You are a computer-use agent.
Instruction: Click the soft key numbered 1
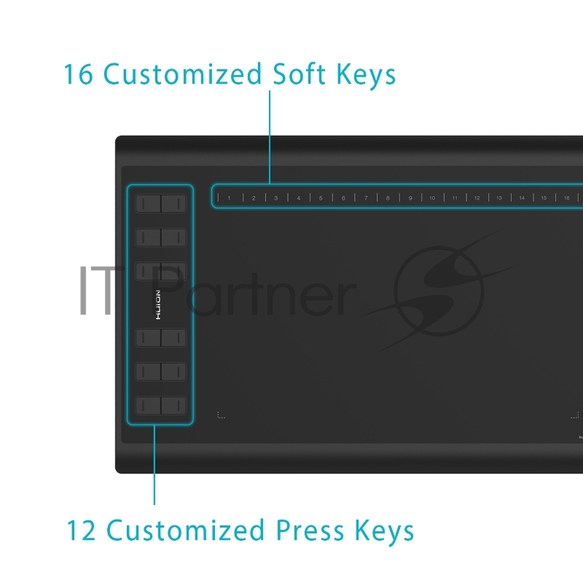point(229,198)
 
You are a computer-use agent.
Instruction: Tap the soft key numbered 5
point(321,198)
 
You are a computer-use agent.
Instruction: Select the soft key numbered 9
point(410,198)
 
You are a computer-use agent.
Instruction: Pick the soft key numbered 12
point(477,198)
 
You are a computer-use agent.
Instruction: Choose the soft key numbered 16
point(567,198)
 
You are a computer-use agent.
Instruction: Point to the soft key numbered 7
point(366,198)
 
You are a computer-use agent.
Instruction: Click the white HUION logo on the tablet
point(158,305)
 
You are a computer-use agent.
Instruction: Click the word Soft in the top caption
point(300,74)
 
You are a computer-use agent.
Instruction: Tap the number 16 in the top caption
point(78,74)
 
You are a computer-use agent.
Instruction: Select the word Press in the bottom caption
point(310,531)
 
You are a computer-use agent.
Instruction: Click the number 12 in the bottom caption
point(81,531)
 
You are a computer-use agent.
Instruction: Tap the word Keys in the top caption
point(366,76)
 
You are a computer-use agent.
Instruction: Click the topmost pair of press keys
point(160,203)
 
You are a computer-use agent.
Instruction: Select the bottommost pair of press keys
point(160,405)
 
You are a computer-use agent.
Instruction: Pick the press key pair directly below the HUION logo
point(160,338)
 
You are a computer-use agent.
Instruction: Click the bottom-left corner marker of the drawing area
point(222,415)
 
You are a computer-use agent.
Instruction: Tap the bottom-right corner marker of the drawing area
point(575,415)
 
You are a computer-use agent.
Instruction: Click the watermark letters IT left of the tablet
point(96,290)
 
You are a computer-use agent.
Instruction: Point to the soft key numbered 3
point(276,198)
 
